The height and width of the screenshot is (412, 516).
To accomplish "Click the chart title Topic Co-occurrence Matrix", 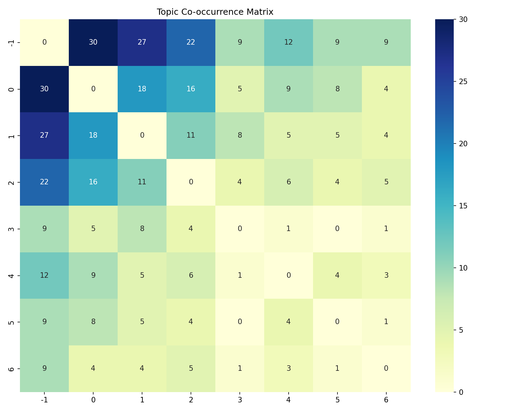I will pyautogui.click(x=215, y=12).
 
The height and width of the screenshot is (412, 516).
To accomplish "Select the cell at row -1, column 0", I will pyautogui.click(x=93, y=42).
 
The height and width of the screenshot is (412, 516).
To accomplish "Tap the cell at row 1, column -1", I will pyautogui.click(x=44, y=135).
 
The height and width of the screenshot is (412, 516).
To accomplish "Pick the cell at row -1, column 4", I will pyautogui.click(x=289, y=42).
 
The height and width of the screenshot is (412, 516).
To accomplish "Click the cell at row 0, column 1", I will pyautogui.click(x=142, y=89).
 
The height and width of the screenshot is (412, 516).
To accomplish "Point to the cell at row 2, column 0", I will pyautogui.click(x=93, y=182).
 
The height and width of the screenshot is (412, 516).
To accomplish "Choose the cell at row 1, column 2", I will pyautogui.click(x=191, y=135).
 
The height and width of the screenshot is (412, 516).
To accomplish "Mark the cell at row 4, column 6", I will pyautogui.click(x=386, y=275).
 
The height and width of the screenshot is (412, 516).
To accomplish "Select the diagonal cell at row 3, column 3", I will pyautogui.click(x=240, y=229).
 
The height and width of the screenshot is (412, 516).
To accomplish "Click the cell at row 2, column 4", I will pyautogui.click(x=289, y=182).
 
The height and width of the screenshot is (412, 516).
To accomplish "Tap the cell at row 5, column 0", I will pyautogui.click(x=93, y=322).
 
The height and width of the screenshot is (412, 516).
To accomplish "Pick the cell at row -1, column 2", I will pyautogui.click(x=191, y=42).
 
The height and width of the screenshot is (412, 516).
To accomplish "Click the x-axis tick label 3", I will pyautogui.click(x=240, y=400).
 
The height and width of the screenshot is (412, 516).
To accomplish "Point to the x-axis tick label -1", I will pyautogui.click(x=44, y=400).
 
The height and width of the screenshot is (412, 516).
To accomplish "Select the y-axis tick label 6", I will pyautogui.click(x=11, y=368).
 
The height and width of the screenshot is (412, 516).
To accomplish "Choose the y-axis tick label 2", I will pyautogui.click(x=11, y=182).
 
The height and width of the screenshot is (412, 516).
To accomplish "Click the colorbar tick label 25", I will pyautogui.click(x=463, y=82).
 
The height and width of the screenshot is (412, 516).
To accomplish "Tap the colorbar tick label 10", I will pyautogui.click(x=463, y=268).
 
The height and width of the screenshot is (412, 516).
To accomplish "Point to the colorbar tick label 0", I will pyautogui.click(x=461, y=392).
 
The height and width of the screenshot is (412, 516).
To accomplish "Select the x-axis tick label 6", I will pyautogui.click(x=386, y=400).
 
